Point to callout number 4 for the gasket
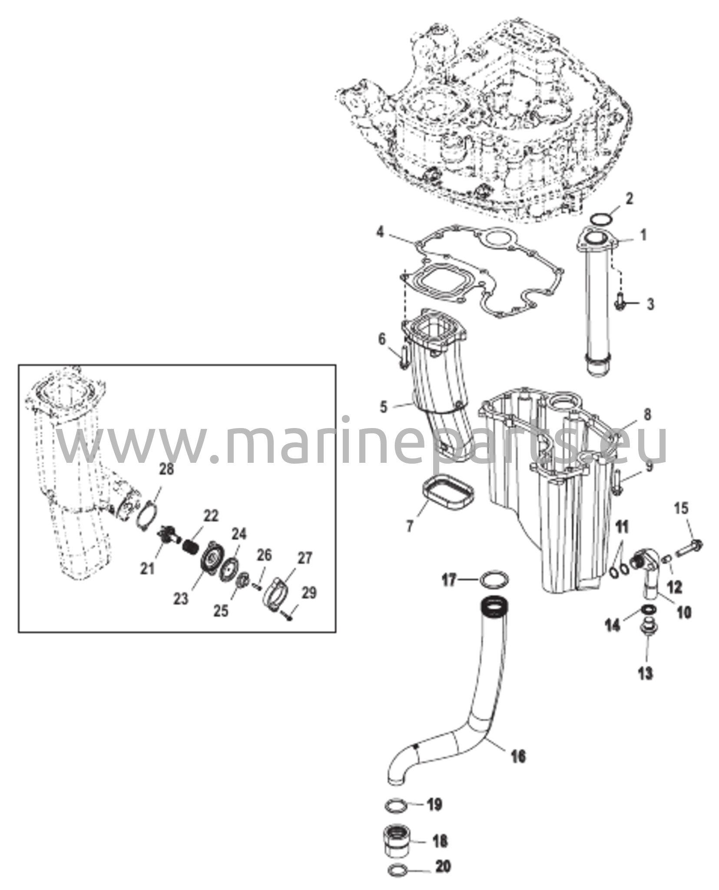pos(380,232)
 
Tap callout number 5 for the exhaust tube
pos(383,407)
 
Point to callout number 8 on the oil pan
pos(647,415)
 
